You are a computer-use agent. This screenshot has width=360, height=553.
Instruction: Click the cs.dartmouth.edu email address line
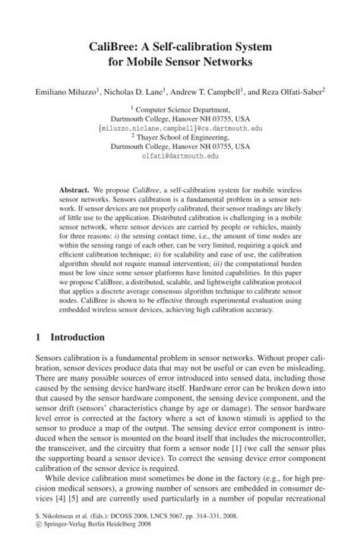[x=179, y=128]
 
